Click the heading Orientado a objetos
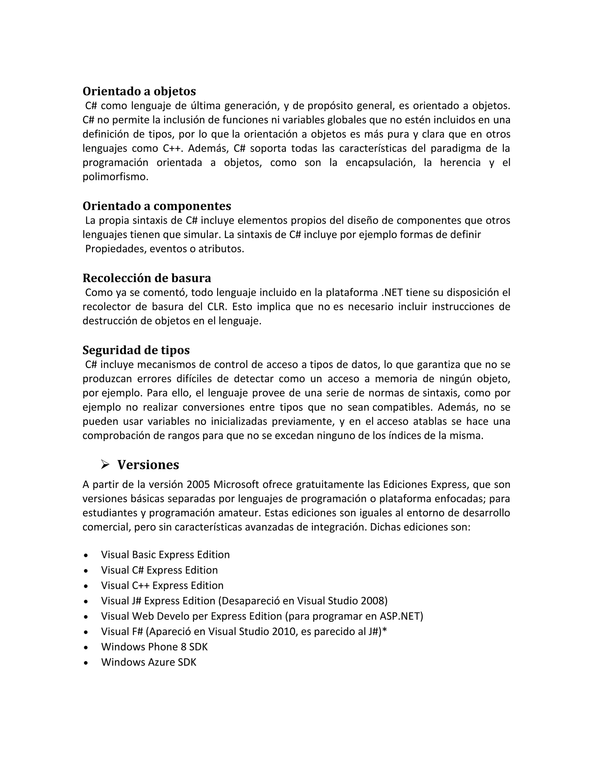[x=139, y=91]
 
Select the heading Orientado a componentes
[x=157, y=206]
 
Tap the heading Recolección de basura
[x=147, y=278]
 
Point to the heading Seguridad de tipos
[x=136, y=350]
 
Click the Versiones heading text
[x=148, y=465]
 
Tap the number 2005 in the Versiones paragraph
[x=198, y=485]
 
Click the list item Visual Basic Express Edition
[x=165, y=555]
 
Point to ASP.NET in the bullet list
[x=399, y=616]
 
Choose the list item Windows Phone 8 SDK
[x=154, y=647]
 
